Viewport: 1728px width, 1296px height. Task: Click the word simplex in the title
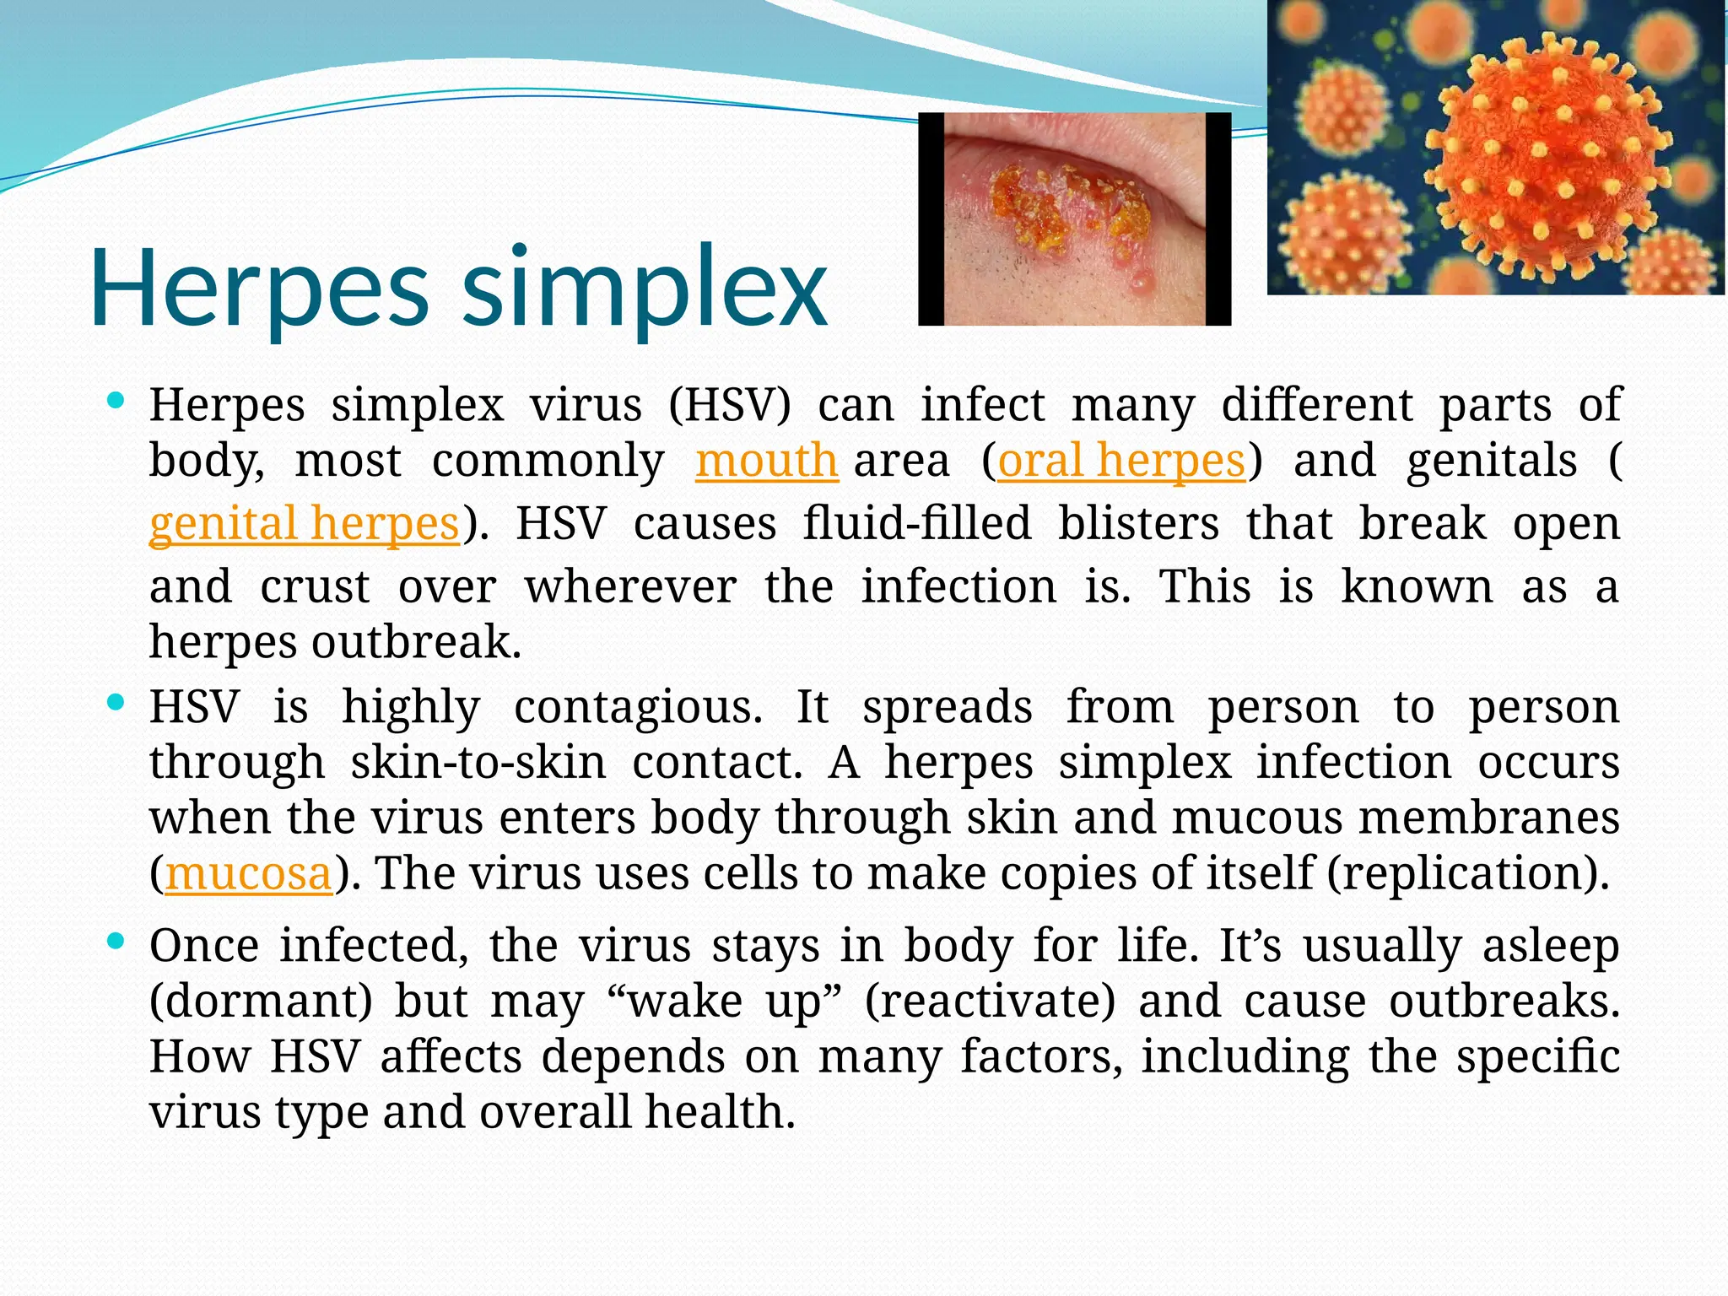(x=645, y=289)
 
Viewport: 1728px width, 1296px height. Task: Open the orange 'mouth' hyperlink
(x=766, y=462)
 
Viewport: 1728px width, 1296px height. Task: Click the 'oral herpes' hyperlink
(x=1121, y=462)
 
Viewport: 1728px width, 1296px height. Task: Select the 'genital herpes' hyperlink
(x=304, y=523)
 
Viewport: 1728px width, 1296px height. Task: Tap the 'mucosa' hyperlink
(x=249, y=873)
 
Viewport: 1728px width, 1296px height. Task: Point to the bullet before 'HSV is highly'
(x=116, y=701)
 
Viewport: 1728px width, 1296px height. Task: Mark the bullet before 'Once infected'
(x=116, y=940)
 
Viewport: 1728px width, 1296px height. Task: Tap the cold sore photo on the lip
(x=1074, y=219)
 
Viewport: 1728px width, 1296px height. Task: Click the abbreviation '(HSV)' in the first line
(x=730, y=405)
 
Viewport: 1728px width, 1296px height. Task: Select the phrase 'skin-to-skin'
(x=478, y=763)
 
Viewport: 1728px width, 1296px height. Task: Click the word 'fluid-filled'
(x=916, y=523)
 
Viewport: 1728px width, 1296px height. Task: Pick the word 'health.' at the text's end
(x=721, y=1112)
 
